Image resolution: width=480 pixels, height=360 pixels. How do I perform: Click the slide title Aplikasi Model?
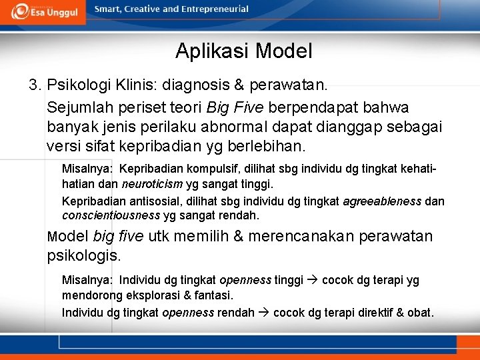click(243, 51)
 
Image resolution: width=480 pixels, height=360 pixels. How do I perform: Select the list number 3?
click(35, 86)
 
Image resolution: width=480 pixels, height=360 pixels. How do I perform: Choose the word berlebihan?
click(273, 145)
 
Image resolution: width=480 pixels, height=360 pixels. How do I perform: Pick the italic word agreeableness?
click(382, 201)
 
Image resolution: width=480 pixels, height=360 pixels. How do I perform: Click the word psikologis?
click(83, 255)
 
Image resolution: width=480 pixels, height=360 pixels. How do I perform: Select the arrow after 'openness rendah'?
click(263, 313)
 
